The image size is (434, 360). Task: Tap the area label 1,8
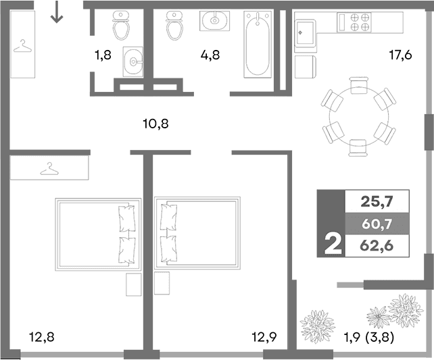(x=103, y=56)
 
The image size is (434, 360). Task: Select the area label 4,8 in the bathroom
(x=210, y=56)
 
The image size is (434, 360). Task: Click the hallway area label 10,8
(x=155, y=123)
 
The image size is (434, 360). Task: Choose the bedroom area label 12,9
(x=263, y=335)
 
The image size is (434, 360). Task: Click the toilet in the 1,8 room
(x=122, y=26)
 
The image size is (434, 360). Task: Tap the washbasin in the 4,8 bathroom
(x=214, y=20)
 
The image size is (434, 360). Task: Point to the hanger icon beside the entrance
(x=24, y=47)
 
